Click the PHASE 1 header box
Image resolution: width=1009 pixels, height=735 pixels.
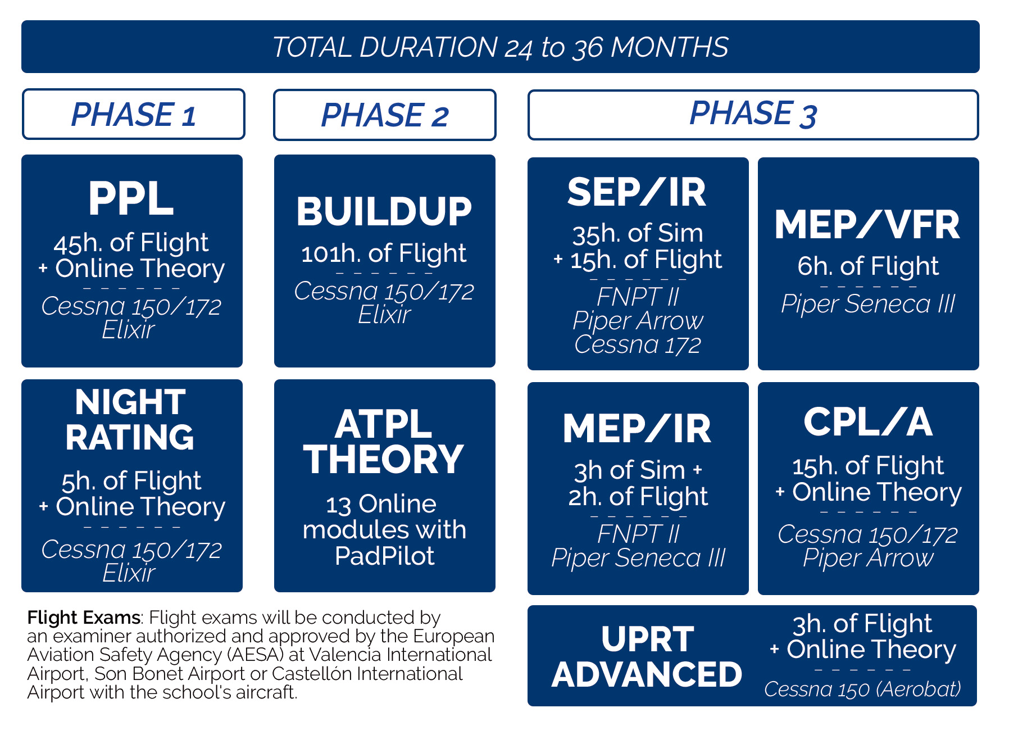click(133, 114)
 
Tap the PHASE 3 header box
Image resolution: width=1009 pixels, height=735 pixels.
click(753, 114)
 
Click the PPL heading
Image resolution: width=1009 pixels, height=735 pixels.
click(131, 199)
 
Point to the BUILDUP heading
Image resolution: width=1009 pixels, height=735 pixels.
click(384, 212)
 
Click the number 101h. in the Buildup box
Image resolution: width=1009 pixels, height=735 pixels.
click(330, 254)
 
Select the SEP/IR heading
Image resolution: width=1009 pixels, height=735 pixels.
click(637, 193)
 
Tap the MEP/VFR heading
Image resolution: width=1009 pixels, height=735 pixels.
click(867, 225)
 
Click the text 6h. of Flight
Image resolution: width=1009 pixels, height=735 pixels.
click(867, 266)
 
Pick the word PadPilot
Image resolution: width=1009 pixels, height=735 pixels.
click(384, 556)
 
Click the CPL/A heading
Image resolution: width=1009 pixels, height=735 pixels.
click(867, 422)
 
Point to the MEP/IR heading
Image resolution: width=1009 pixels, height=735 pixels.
click(637, 429)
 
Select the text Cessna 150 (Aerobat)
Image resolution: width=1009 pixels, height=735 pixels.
click(862, 689)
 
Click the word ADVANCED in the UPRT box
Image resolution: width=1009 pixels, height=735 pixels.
click(647, 674)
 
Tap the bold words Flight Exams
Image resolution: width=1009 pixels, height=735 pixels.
click(84, 618)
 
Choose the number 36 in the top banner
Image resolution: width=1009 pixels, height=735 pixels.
click(588, 48)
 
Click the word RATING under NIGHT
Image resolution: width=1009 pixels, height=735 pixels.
click(130, 438)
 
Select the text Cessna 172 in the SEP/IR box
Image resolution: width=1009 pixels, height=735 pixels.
click(637, 345)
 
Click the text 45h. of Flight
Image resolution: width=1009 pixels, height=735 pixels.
click(131, 243)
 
